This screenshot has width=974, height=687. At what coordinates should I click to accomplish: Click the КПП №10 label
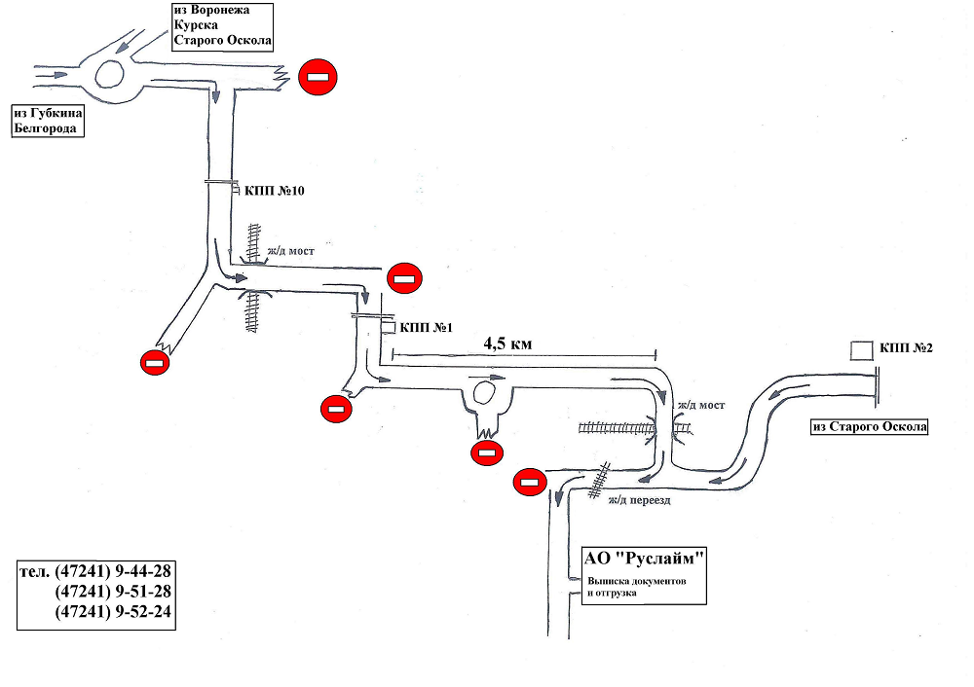pyautogui.click(x=275, y=191)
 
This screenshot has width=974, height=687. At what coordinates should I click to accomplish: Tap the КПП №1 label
pyautogui.click(x=427, y=327)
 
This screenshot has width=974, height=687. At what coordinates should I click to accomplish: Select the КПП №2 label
pyautogui.click(x=906, y=348)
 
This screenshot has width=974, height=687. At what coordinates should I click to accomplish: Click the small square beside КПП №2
pyautogui.click(x=862, y=350)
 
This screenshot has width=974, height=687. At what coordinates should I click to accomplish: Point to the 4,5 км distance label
pyautogui.click(x=508, y=343)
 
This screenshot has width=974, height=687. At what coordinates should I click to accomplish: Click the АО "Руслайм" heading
pyautogui.click(x=644, y=558)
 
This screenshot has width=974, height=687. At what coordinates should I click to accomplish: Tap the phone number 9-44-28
pyautogui.click(x=143, y=570)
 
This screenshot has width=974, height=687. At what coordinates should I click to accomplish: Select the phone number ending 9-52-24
pyautogui.click(x=113, y=611)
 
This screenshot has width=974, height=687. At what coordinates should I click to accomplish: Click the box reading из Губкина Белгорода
pyautogui.click(x=48, y=121)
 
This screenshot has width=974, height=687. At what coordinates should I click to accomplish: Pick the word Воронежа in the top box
pyautogui.click(x=220, y=10)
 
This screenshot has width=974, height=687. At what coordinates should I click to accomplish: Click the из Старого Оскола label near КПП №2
pyautogui.click(x=870, y=427)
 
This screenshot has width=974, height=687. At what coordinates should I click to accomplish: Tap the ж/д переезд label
pyautogui.click(x=639, y=500)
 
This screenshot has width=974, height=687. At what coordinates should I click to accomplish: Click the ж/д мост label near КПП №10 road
pyautogui.click(x=290, y=251)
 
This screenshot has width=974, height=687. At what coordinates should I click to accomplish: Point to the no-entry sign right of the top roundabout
pyautogui.click(x=318, y=77)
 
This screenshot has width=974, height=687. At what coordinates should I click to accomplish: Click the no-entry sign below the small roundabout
pyautogui.click(x=487, y=454)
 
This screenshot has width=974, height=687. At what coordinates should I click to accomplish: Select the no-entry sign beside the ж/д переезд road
pyautogui.click(x=530, y=483)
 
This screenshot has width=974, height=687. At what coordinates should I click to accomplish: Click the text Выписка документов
pyautogui.click(x=637, y=582)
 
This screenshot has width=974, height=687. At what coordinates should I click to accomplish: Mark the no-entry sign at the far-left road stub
pyautogui.click(x=155, y=362)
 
